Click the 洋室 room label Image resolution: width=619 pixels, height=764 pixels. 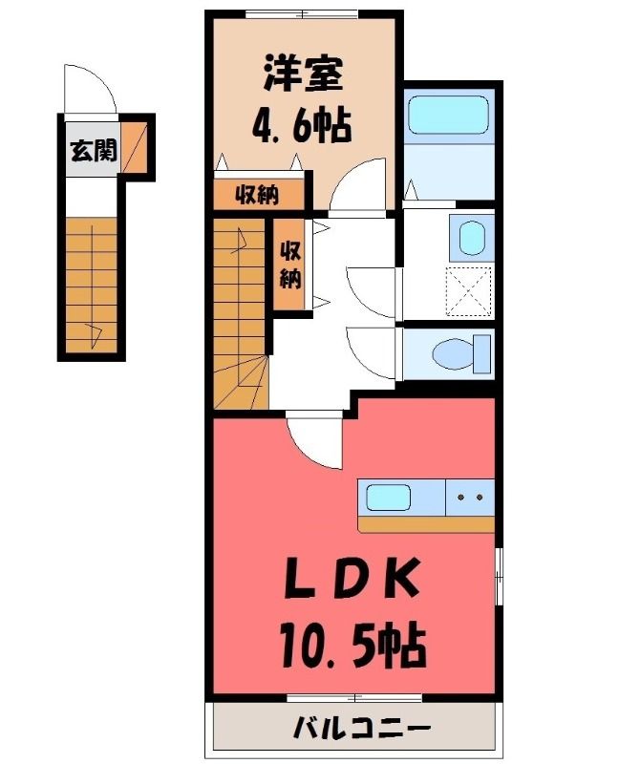[303, 74]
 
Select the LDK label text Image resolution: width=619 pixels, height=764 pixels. [352, 579]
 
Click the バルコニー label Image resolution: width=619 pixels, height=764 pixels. [362, 729]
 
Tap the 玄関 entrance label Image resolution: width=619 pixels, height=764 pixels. [94, 150]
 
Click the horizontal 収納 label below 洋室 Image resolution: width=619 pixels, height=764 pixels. [257, 196]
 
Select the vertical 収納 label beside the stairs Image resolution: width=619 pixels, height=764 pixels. [290, 265]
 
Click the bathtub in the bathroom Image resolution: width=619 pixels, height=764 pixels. [448, 115]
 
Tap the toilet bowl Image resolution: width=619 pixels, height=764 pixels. [456, 354]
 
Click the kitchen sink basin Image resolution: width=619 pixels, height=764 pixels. [388, 498]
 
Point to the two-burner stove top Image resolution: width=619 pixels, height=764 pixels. [470, 498]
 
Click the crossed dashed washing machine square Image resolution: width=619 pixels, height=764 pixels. [468, 292]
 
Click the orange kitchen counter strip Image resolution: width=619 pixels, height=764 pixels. [426, 524]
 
